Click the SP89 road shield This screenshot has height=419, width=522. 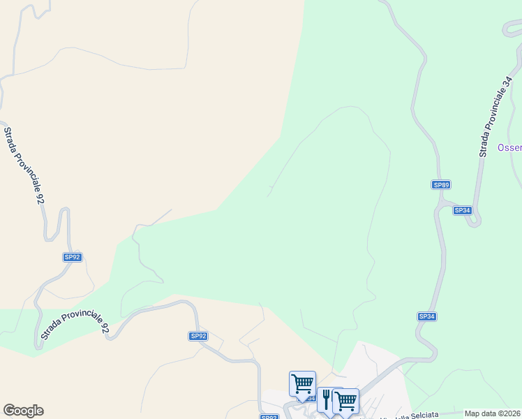coord(441,184)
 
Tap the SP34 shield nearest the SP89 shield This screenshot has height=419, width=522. coord(462,210)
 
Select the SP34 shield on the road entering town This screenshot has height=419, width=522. coord(427,316)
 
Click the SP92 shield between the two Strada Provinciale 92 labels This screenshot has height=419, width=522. coord(73,257)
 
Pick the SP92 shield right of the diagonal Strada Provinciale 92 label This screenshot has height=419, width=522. coord(198,336)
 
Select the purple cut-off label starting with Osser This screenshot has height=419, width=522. coord(509,148)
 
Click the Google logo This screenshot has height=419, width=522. coord(23,411)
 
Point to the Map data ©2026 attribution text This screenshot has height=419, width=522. coord(493,413)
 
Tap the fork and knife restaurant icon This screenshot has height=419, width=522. coord(327,399)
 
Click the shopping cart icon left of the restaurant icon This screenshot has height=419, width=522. coord(302,383)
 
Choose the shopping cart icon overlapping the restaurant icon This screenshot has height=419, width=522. coord(345,401)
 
